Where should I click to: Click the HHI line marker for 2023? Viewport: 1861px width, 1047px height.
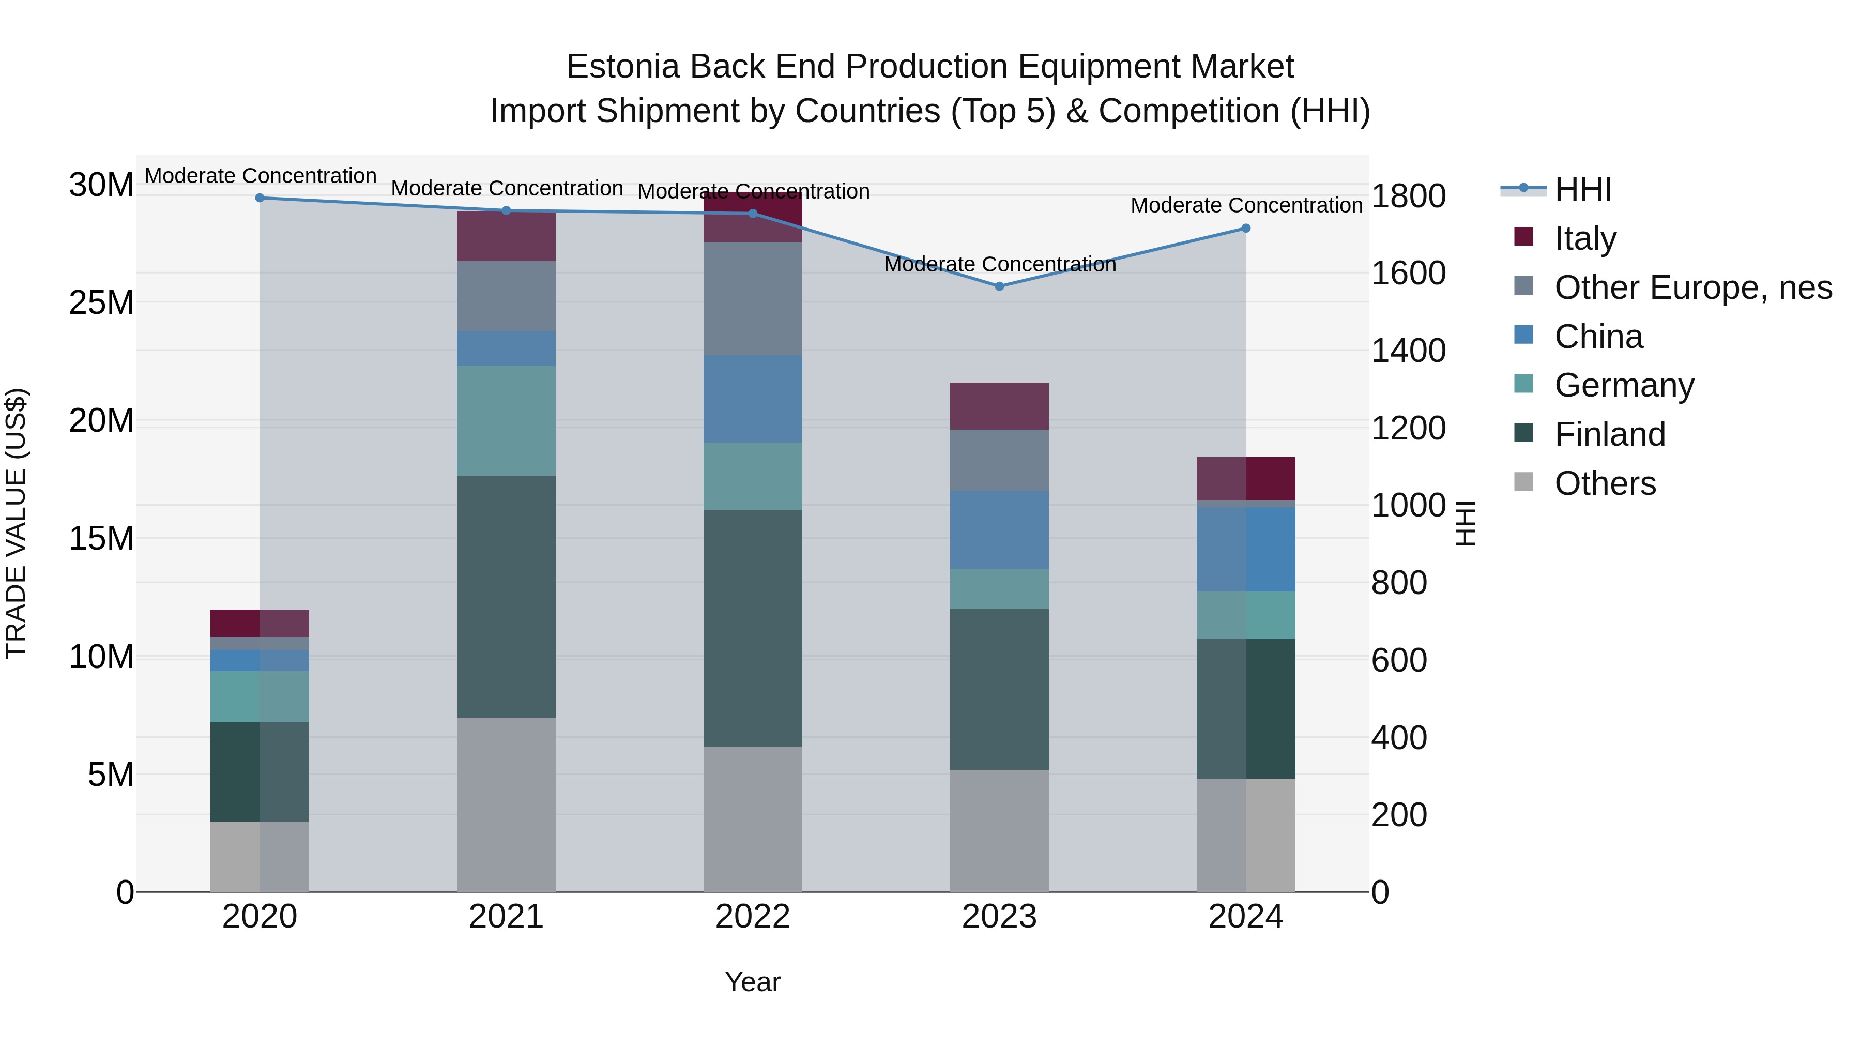(x=999, y=286)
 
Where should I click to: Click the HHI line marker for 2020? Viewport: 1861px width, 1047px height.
(x=260, y=198)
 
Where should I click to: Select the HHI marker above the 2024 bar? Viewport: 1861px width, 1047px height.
(x=1245, y=229)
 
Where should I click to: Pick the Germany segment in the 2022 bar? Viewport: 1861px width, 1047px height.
(x=753, y=476)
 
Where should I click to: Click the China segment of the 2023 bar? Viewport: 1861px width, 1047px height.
(x=999, y=529)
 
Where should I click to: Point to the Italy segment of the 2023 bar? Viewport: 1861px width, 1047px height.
(x=999, y=406)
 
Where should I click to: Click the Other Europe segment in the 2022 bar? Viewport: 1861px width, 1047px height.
(x=753, y=298)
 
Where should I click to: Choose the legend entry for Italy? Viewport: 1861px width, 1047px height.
(x=1585, y=238)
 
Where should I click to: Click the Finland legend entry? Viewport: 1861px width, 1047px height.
(x=1610, y=434)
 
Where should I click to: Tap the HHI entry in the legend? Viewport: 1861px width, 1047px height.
(x=1583, y=189)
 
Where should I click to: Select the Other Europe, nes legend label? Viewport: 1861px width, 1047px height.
(x=1692, y=287)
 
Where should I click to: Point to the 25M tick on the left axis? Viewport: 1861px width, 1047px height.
(x=101, y=303)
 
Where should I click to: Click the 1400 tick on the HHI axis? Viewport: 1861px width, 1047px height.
(x=1408, y=351)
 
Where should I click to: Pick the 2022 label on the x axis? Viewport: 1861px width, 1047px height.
(x=753, y=917)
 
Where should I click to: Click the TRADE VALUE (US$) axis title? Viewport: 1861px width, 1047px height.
(x=16, y=523)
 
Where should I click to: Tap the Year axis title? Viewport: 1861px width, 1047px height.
(x=753, y=982)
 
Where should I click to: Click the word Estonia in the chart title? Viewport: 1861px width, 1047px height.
(x=623, y=67)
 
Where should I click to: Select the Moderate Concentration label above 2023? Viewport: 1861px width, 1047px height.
(x=1000, y=264)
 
